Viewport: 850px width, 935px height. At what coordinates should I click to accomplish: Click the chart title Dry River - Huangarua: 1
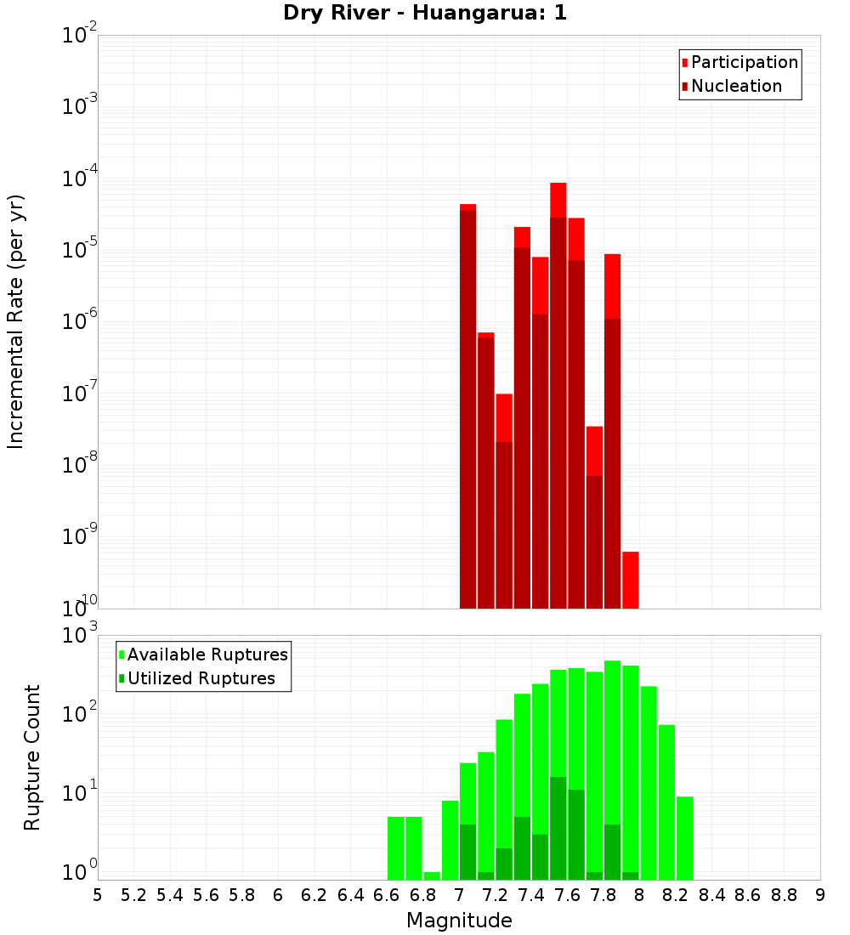424,13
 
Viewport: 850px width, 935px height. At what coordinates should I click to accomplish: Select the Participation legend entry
744,62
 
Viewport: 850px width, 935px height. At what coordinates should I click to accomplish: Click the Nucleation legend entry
736,86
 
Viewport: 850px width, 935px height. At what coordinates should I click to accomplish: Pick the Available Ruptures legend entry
207,654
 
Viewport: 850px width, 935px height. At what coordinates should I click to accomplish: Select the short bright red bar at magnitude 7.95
630,579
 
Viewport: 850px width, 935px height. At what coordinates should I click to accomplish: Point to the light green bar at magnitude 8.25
684,837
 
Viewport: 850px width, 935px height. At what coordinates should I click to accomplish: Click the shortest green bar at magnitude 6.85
432,875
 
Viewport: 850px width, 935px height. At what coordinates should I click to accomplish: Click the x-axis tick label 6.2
314,895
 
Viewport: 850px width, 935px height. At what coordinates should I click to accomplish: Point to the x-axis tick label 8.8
784,895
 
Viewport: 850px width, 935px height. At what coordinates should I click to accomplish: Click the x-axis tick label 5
98,895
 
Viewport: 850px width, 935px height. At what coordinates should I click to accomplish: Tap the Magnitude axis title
459,921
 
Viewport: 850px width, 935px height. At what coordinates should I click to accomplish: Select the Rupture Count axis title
32,756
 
